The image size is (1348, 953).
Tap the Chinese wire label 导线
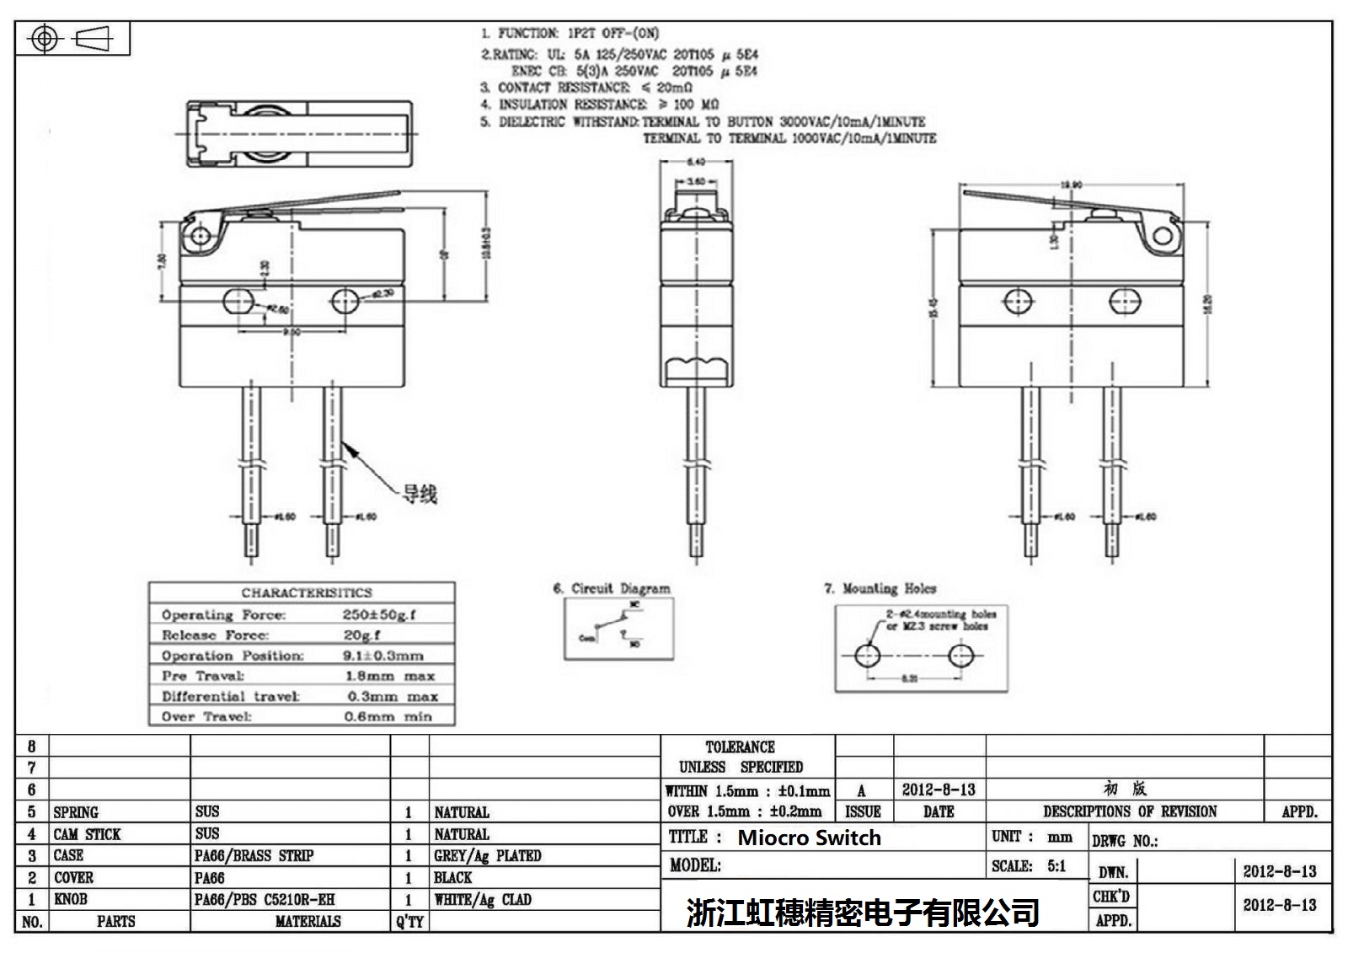point(419,495)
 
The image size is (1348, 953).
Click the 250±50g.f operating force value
point(378,615)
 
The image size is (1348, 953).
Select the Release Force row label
point(215,635)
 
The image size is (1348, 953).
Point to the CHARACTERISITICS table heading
point(306,592)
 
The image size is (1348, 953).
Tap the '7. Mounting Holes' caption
point(880,588)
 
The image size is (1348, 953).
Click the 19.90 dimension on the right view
point(1071,185)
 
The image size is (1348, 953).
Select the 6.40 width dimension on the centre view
point(696,162)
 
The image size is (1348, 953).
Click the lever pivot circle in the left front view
point(201,233)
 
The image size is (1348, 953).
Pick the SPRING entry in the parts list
point(76,812)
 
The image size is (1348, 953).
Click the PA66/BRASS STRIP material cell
point(254,856)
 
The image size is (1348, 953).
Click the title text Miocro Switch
point(809,838)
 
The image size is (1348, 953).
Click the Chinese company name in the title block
point(862,913)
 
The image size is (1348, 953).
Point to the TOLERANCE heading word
point(740,747)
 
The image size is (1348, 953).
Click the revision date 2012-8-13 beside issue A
point(938,790)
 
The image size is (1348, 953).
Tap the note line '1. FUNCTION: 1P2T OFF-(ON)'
point(570,34)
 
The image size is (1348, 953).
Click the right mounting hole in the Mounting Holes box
point(960,656)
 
